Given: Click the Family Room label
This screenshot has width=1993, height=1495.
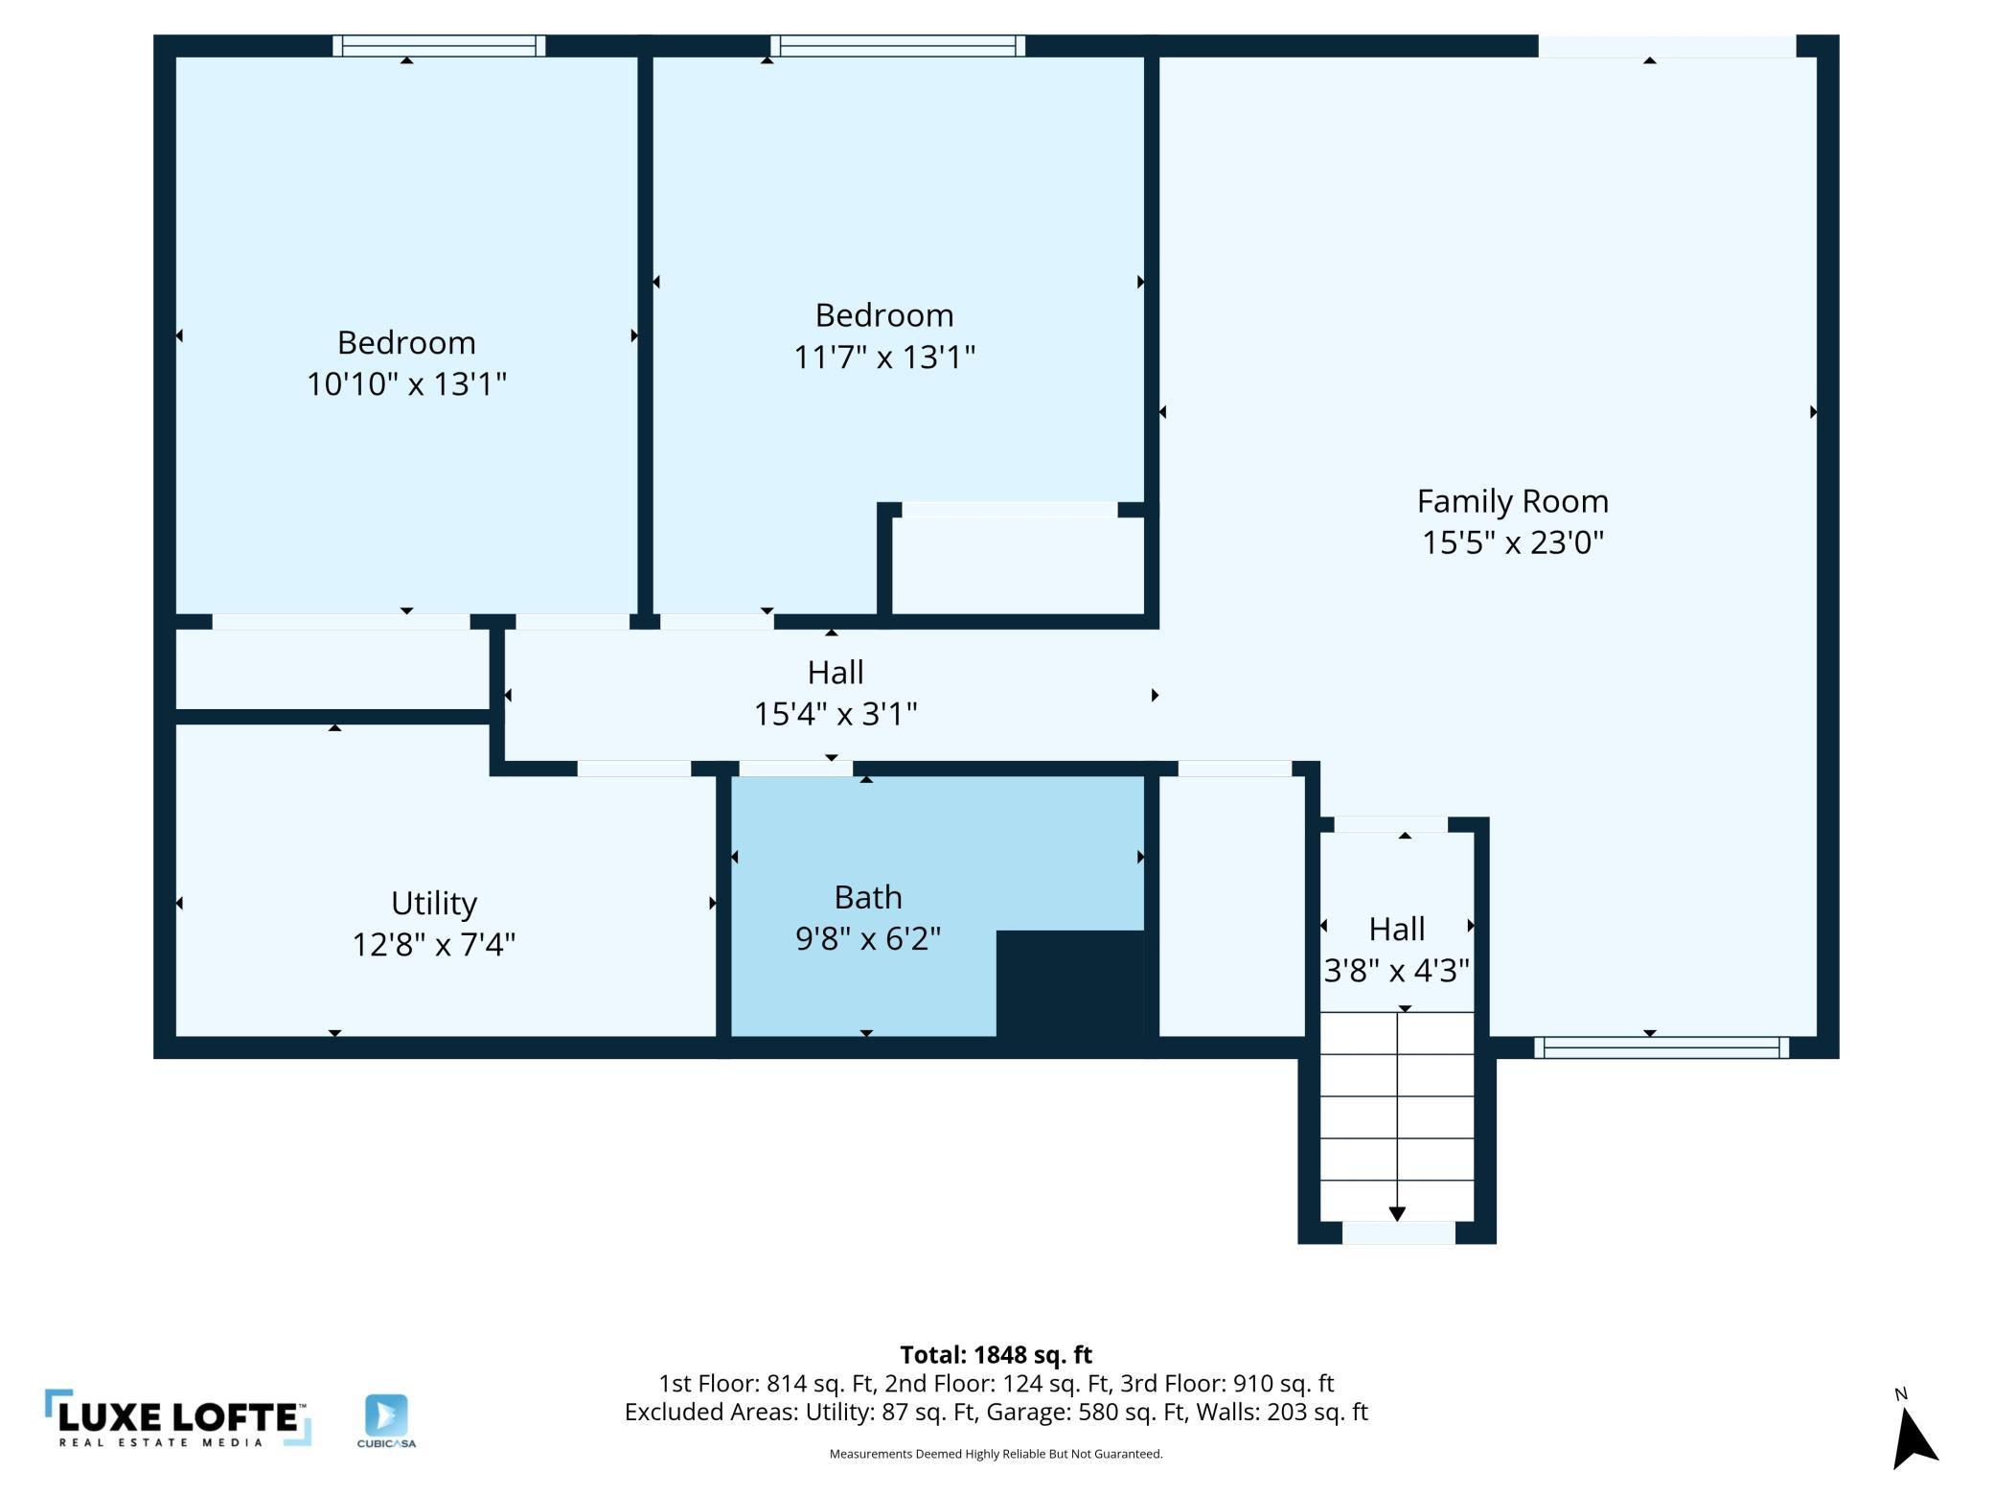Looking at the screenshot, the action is [x=1512, y=501].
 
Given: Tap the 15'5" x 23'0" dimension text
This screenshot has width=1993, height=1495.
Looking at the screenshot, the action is [x=1512, y=542].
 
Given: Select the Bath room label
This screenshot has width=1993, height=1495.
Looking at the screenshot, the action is [x=868, y=897].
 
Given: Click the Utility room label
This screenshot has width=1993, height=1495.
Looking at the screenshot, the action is [x=434, y=904].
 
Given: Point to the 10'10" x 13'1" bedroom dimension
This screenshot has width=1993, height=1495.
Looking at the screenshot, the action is [x=406, y=384].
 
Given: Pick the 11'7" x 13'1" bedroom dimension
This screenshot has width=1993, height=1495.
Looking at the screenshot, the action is [x=884, y=357].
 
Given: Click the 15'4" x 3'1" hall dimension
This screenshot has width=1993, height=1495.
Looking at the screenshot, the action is [x=836, y=714].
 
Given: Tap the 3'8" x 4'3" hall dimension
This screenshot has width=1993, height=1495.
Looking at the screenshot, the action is [x=1396, y=971].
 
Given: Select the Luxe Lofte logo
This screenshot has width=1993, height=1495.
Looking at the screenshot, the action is [x=178, y=1418].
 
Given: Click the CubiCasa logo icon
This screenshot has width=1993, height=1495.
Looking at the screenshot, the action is [x=386, y=1415].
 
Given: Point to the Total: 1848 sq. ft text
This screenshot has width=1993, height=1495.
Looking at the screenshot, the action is [x=996, y=1354].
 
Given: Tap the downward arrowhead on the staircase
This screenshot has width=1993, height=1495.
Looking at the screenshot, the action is [x=1397, y=1214].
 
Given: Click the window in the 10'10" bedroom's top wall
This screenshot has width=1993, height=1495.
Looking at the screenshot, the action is [x=439, y=46].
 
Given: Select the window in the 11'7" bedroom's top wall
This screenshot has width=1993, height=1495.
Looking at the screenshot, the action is [x=898, y=46].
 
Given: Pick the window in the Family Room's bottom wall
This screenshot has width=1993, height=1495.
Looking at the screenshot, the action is [x=1661, y=1047].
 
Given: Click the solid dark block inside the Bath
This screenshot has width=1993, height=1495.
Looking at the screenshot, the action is [x=1070, y=983].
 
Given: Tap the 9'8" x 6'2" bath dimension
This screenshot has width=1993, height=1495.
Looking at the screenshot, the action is [x=868, y=938].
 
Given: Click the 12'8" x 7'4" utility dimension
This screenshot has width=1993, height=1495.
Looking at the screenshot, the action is [x=434, y=945].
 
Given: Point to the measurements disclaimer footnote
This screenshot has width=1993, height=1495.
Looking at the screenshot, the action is [x=996, y=1454].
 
